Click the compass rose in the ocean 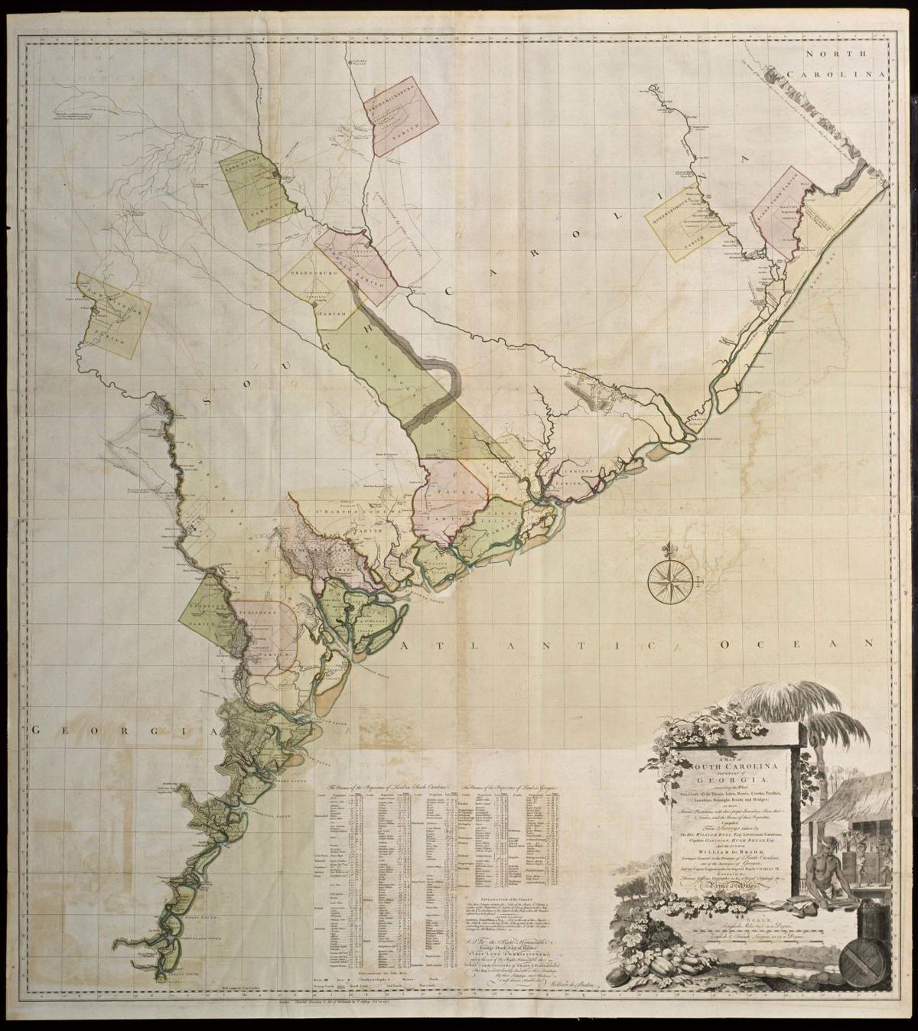pos(669,579)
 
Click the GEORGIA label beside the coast pos(122,731)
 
